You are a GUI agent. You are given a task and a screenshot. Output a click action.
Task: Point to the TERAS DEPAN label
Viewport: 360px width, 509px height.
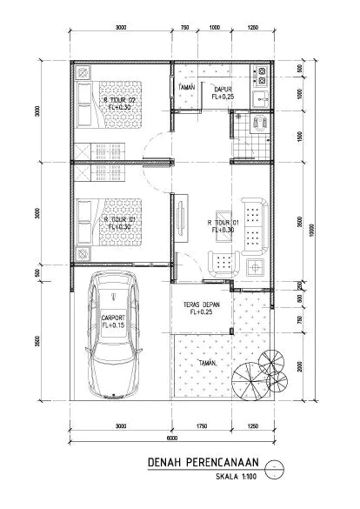click(x=199, y=305)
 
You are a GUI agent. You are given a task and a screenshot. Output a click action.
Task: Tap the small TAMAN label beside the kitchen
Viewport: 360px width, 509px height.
click(x=185, y=88)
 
